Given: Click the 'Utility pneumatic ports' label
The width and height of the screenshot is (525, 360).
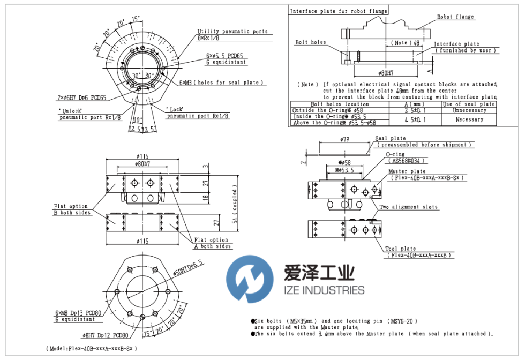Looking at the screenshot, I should (x=232, y=32).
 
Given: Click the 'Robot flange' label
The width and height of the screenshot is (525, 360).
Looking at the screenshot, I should (x=455, y=17).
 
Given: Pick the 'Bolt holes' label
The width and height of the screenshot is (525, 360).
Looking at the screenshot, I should (x=310, y=42).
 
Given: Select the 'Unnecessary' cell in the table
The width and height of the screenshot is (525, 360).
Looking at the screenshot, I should (x=469, y=110).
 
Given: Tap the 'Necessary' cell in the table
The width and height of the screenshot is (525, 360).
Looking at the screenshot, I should (x=469, y=119).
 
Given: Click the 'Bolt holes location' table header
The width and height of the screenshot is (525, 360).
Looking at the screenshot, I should (x=340, y=104).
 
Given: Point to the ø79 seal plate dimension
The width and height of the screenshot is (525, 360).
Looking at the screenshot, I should (x=344, y=139).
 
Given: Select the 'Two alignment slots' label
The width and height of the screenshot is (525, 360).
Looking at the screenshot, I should (x=408, y=207).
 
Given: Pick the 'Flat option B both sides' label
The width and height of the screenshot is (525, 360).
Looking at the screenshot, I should (x=72, y=209).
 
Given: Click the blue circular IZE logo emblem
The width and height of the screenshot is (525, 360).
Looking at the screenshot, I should (x=249, y=279).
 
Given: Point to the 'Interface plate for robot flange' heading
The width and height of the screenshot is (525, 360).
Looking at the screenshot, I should (x=337, y=11).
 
